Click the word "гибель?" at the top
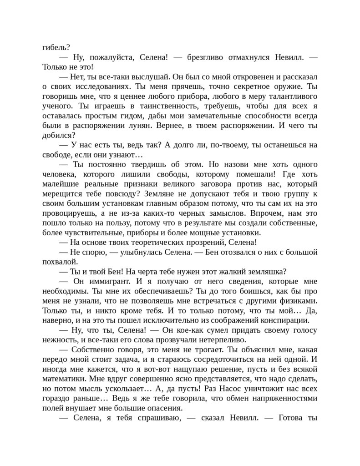pyautogui.click(x=56, y=46)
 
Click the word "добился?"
pyautogui.click(x=59, y=135)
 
